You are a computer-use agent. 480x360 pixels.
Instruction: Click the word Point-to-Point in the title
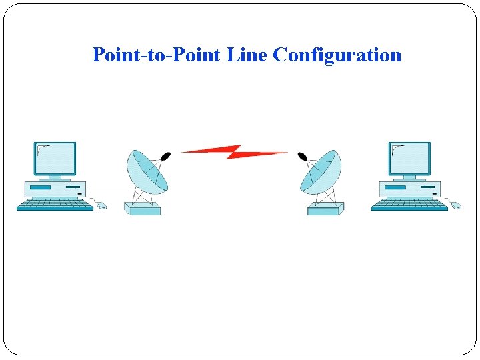pyautogui.click(x=157, y=55)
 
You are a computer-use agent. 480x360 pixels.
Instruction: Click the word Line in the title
pyautogui.click(x=247, y=55)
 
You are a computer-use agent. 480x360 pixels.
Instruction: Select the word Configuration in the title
pyautogui.click(x=337, y=55)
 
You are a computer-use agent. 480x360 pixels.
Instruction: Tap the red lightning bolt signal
pyautogui.click(x=234, y=152)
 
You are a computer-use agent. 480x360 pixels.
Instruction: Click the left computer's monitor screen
pyautogui.click(x=55, y=158)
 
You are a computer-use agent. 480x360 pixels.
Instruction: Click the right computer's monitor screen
pyautogui.click(x=409, y=158)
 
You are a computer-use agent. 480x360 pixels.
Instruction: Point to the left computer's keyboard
pyautogui.click(x=55, y=205)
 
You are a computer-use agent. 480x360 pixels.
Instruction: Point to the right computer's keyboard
pyautogui.click(x=409, y=205)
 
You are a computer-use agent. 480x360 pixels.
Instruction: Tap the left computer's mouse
pyautogui.click(x=101, y=206)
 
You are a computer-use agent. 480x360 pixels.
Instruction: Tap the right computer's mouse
pyautogui.click(x=456, y=206)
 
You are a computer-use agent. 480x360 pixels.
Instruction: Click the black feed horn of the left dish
pyautogui.click(x=166, y=156)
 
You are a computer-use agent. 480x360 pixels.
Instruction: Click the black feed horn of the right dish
pyautogui.click(x=302, y=157)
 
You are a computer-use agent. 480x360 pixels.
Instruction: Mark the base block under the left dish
pyautogui.click(x=142, y=209)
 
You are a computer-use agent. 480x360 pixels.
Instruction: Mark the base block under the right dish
pyautogui.click(x=325, y=209)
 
